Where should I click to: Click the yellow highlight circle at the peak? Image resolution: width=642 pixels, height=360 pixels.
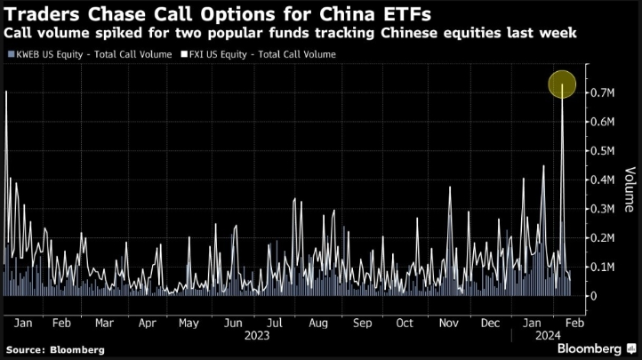(562, 86)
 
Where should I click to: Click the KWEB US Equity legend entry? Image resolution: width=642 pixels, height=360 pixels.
(88, 55)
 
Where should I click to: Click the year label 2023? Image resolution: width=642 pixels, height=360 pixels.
(258, 336)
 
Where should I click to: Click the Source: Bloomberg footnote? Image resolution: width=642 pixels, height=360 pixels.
(53, 350)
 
